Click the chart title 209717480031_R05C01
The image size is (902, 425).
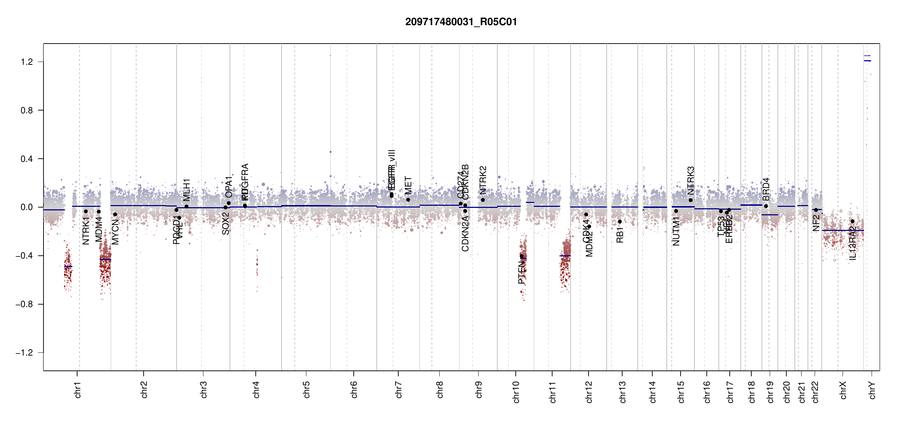coord(461,22)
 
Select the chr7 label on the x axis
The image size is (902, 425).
coord(399,390)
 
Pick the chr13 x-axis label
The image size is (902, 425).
coord(623,392)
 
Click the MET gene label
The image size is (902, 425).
coord(408,185)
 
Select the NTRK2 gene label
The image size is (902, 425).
coord(483,180)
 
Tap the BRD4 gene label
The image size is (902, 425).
coord(766,189)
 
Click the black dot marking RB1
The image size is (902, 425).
coord(620,222)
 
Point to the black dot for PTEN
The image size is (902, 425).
coord(521,256)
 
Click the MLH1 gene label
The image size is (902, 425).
coord(186,190)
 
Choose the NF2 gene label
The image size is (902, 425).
coord(816,223)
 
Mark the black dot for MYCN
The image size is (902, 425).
coord(115,215)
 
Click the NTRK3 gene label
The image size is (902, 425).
coord(690,181)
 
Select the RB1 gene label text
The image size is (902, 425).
coord(620,235)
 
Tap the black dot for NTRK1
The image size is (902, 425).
coord(86,211)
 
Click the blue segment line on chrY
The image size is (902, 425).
coord(867,61)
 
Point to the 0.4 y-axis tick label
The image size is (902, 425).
coord(27,159)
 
